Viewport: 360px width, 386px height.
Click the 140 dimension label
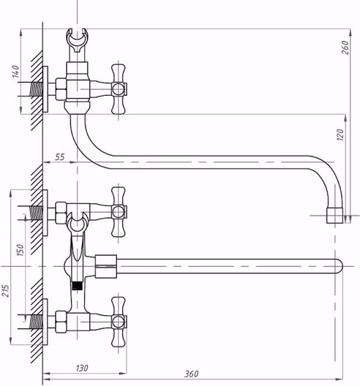tap(15, 72)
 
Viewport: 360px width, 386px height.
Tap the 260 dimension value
tap(345, 48)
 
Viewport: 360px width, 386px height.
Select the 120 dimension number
tap(340, 135)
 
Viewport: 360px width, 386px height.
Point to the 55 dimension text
tap(59, 156)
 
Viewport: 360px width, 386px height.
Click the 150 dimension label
tap(20, 250)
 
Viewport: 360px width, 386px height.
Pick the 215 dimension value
tap(5, 291)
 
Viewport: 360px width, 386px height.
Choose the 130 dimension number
tap(82, 368)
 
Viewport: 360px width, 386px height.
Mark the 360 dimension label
tap(191, 374)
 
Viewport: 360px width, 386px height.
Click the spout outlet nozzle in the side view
tap(334, 216)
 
